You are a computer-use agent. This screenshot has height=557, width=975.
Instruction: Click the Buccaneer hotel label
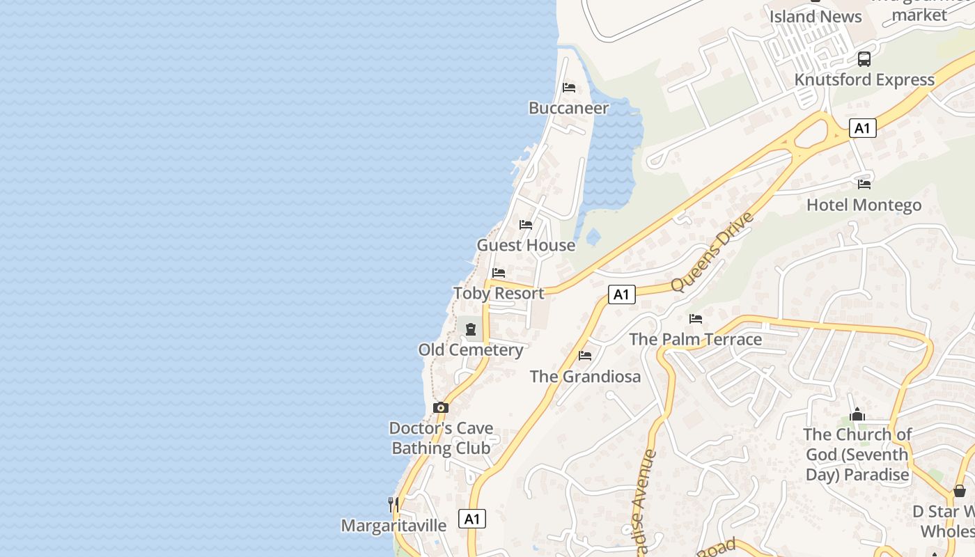click(x=568, y=108)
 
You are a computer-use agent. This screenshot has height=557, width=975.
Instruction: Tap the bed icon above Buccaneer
click(x=569, y=88)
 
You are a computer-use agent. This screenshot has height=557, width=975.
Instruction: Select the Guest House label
click(x=526, y=245)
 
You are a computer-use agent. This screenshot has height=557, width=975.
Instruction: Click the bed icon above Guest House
click(x=526, y=225)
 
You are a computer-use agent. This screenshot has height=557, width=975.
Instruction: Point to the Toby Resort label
click(x=499, y=293)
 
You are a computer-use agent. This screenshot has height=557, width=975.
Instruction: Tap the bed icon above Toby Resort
click(x=499, y=273)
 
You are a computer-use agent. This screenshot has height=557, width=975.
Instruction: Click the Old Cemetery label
click(x=471, y=350)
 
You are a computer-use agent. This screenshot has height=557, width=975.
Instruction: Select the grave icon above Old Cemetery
click(x=471, y=329)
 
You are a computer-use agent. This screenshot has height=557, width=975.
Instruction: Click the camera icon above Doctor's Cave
click(x=441, y=407)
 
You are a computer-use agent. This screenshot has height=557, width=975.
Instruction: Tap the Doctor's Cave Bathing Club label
click(x=441, y=438)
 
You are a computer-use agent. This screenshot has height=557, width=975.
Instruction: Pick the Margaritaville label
click(x=393, y=525)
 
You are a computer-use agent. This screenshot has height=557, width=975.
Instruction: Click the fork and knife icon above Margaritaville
click(x=393, y=503)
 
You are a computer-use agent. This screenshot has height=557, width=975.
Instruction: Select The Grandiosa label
click(x=585, y=377)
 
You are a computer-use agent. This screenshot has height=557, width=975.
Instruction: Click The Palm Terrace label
click(x=696, y=339)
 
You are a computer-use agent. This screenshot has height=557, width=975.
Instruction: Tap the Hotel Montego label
click(x=864, y=205)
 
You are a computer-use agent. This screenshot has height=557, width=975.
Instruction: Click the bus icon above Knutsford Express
click(x=864, y=59)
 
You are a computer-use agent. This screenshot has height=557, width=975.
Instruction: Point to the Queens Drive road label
click(x=712, y=252)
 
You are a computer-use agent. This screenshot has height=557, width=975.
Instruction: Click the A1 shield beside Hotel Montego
click(x=863, y=128)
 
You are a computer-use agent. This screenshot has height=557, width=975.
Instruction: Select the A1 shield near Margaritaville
click(x=472, y=519)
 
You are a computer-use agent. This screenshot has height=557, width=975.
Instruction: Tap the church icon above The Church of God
click(x=857, y=415)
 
